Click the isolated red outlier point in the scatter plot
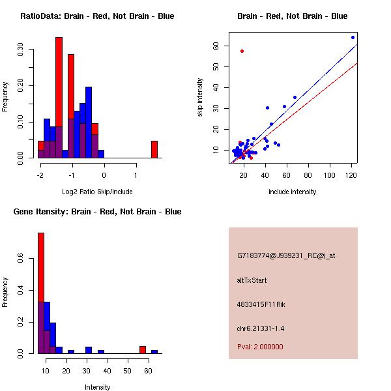pyautogui.click(x=242, y=51)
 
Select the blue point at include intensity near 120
pyautogui.click(x=353, y=37)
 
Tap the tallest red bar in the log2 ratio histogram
pyautogui.click(x=59, y=98)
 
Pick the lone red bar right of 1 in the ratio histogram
pyautogui.click(x=154, y=149)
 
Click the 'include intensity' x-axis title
pyautogui.click(x=292, y=192)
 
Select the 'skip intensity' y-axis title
pyautogui.click(x=201, y=98)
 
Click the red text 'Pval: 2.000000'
pyautogui.click(x=260, y=347)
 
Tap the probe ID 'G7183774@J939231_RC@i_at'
pyautogui.click(x=286, y=256)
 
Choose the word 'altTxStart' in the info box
pyautogui.click(x=252, y=280)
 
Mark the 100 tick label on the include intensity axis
pyautogui.click(x=330, y=175)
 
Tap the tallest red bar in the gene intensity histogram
pyautogui.click(x=40, y=293)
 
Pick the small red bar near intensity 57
pyautogui.click(x=142, y=349)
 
